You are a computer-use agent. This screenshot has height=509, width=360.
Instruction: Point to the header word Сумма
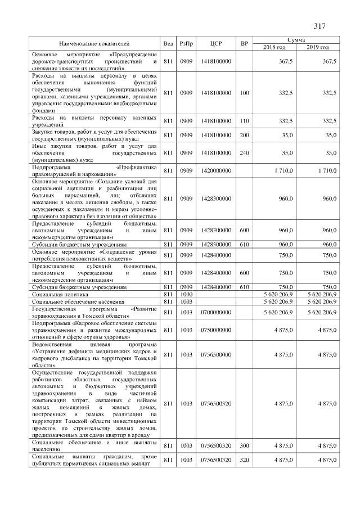[x=296, y=40]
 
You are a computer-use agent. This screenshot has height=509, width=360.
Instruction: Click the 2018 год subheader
[x=274, y=47]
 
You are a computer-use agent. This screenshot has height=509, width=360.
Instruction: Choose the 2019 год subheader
[x=318, y=47]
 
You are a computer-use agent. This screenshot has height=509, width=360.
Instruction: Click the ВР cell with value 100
[x=244, y=92]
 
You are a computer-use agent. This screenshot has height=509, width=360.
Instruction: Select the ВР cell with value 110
[x=244, y=121]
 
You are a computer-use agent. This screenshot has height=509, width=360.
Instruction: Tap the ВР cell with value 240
[x=244, y=152]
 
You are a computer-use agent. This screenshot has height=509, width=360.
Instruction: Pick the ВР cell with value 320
[x=244, y=460]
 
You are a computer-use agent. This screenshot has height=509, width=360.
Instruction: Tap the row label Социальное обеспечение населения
[x=73, y=301]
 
